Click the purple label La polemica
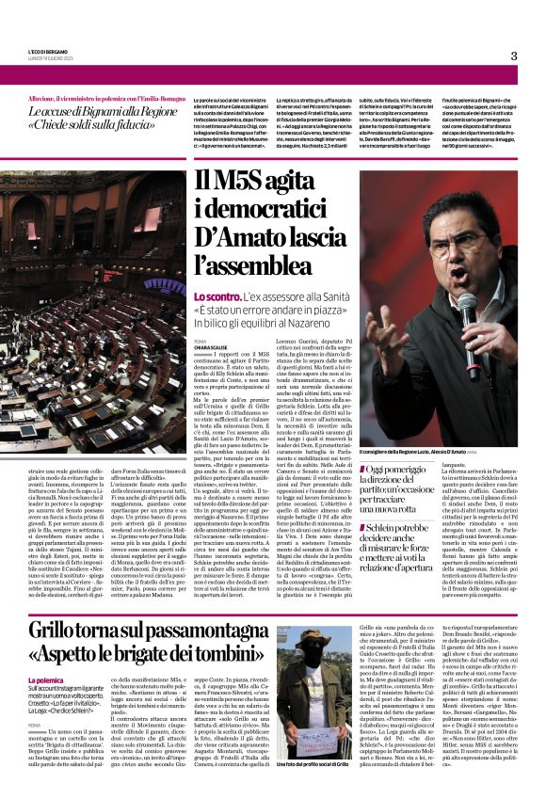click(x=45, y=680)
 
